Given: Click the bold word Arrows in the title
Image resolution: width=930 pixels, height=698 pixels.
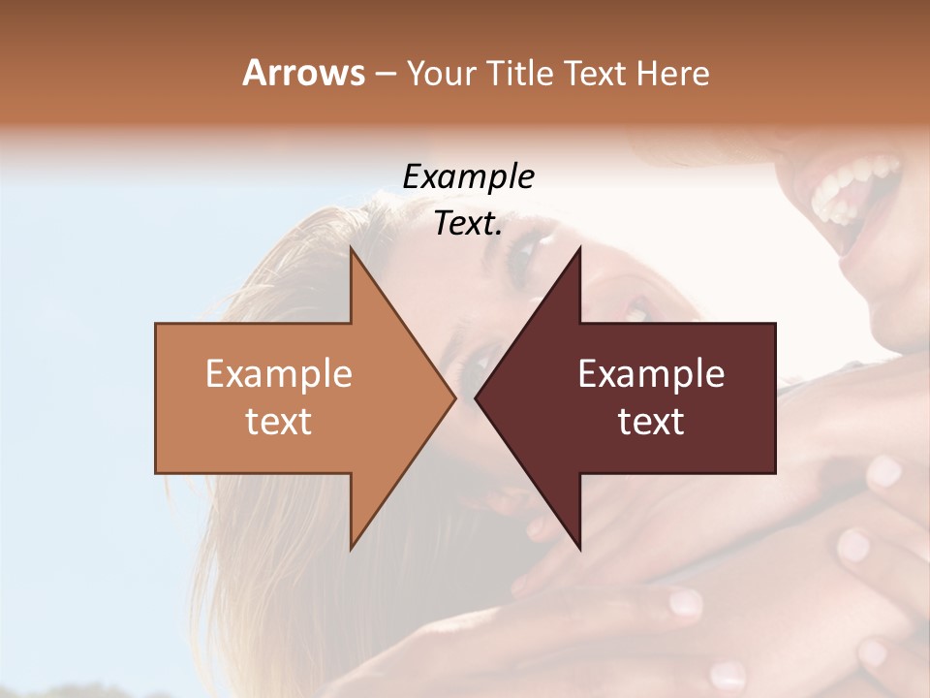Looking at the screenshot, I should pos(303,73).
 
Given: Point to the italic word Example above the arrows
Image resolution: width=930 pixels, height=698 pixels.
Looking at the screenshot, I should pos(468,177).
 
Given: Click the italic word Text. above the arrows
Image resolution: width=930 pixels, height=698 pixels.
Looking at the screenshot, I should pos(468,224).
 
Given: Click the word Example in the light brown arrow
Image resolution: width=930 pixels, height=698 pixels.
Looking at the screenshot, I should pos(279,374).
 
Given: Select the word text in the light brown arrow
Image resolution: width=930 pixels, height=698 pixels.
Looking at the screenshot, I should pos(279,421).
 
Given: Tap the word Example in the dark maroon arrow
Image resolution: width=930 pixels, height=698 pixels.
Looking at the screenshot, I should pos(651,374).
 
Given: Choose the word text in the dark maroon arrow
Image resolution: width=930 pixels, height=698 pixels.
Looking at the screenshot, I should pos(651,421).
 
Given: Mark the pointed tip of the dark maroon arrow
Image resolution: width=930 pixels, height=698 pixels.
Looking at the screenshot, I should pos(477,397).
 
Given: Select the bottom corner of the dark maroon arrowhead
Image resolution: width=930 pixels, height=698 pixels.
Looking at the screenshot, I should pos(579,548).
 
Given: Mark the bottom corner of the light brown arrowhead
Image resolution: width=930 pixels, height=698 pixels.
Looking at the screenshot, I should pos(352,548).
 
